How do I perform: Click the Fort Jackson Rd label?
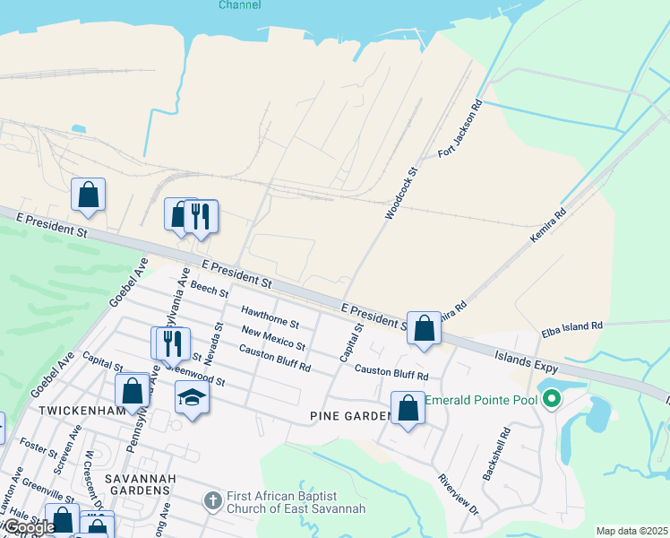pos(460,129)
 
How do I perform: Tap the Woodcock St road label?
pos(401,193)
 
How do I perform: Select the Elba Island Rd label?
pos(571,330)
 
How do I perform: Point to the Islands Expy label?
pos(527,362)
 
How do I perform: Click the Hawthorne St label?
pos(270,316)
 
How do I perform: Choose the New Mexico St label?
pos(273,340)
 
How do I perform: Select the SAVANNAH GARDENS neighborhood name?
pos(125,483)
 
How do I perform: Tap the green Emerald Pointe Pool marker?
pos(553,399)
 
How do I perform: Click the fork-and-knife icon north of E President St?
pos(201,215)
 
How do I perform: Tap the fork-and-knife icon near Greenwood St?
pos(173,343)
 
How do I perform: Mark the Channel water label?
pos(240,5)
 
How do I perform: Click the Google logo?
pos(29,527)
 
